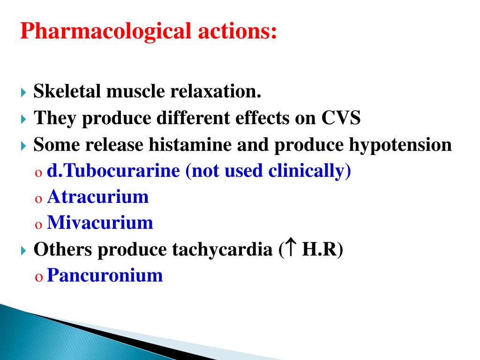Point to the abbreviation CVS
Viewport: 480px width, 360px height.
pyautogui.click(x=341, y=118)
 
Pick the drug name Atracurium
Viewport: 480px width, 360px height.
pyautogui.click(x=98, y=196)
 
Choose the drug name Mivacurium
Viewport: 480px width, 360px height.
pyautogui.click(x=100, y=223)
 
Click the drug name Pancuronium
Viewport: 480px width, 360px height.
pyautogui.click(x=105, y=275)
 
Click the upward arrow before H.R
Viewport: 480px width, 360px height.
pyautogui.click(x=290, y=248)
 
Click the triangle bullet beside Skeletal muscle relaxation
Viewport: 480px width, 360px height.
pyautogui.click(x=24, y=92)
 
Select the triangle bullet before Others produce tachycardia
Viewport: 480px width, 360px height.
pyautogui.click(x=24, y=250)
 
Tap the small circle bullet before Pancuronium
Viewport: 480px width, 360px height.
pyautogui.click(x=38, y=277)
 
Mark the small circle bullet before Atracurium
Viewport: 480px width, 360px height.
pyautogui.click(x=38, y=198)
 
